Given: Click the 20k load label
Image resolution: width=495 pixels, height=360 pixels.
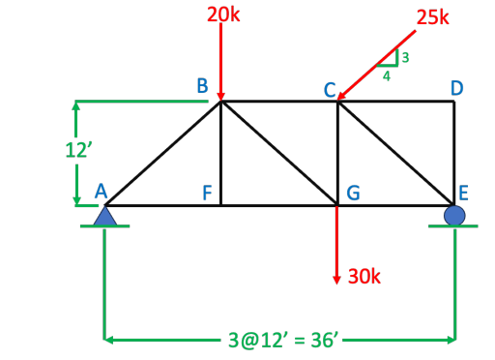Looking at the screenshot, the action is (x=221, y=14).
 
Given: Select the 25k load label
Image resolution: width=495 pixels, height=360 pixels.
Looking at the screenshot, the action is (x=432, y=16).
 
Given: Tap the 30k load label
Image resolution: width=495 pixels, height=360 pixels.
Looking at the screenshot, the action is (x=364, y=277).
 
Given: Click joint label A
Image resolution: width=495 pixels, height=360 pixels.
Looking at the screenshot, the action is (x=101, y=191).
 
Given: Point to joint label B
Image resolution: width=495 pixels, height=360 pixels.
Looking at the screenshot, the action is (x=202, y=86).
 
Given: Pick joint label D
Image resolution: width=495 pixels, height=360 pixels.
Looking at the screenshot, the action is (x=456, y=87).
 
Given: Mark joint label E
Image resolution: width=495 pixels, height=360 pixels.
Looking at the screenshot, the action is (x=464, y=192).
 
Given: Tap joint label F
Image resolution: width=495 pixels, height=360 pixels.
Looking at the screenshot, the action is (x=206, y=192).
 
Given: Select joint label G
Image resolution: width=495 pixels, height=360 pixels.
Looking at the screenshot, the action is (x=354, y=192).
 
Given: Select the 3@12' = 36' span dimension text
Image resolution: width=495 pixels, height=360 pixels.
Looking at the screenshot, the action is (x=280, y=340).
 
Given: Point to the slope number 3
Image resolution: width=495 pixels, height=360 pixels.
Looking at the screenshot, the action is (x=405, y=58).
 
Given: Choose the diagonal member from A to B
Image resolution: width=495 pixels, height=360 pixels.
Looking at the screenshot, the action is (x=162, y=153).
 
